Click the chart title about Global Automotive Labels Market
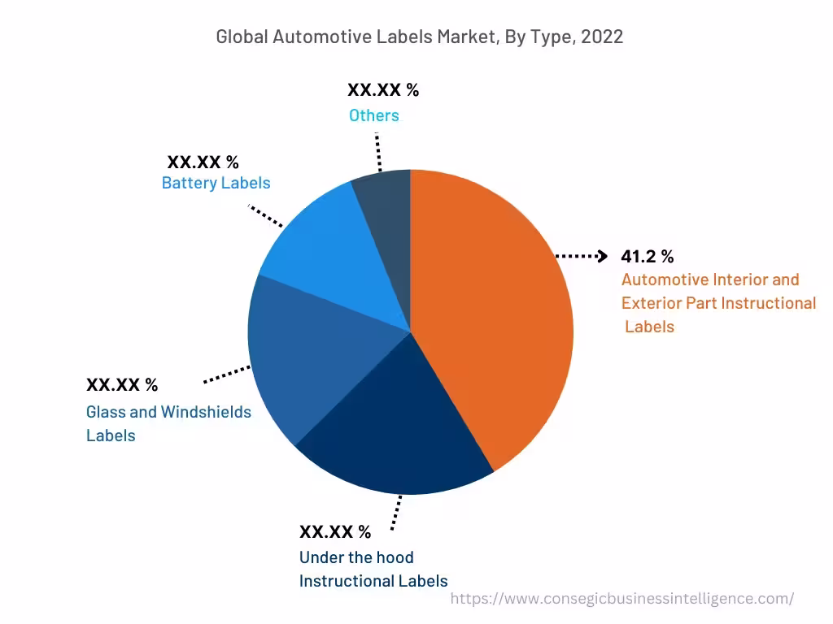tap(419, 37)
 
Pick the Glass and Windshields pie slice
tap(301, 357)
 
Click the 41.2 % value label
tap(647, 257)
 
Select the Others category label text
tap(374, 115)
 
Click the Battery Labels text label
tap(216, 183)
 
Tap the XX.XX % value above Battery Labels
tap(203, 162)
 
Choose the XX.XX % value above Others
tap(383, 90)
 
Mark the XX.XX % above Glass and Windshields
tap(122, 384)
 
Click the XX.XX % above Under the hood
tap(334, 532)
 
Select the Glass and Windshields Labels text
tap(168, 423)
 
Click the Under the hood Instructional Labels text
tap(373, 569)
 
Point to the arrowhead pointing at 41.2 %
tap(602, 257)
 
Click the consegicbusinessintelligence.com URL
tap(621, 599)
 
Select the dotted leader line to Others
tap(378, 150)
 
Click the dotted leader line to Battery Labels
tap(265, 216)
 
